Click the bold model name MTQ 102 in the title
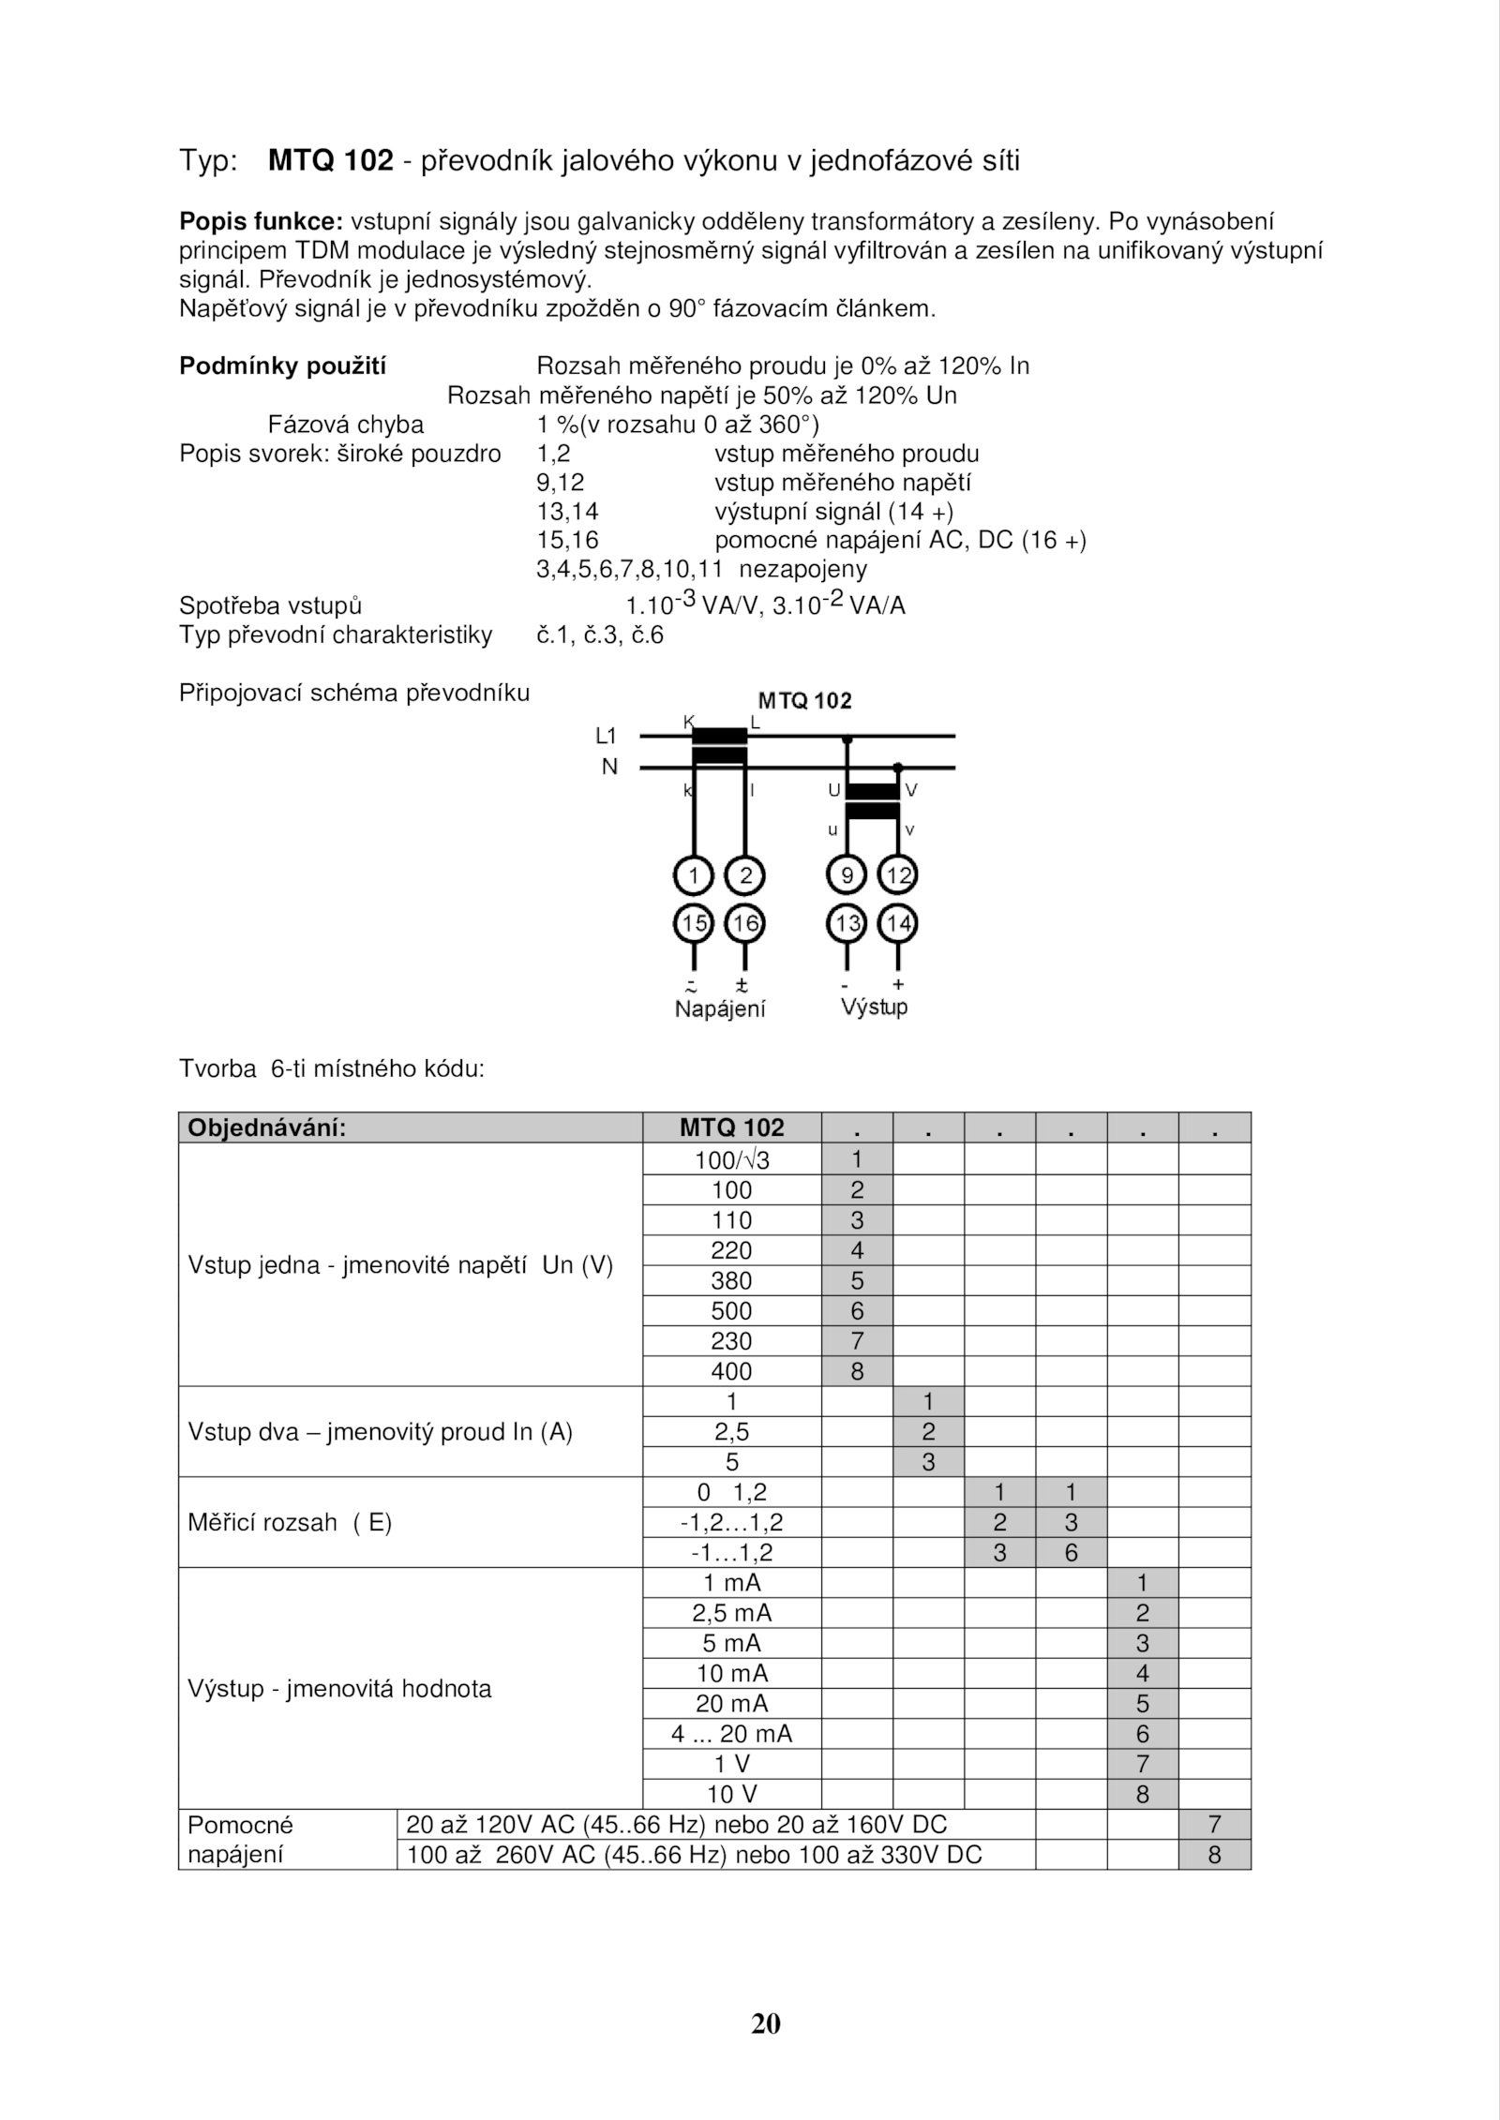point(330,161)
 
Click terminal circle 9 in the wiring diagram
point(847,876)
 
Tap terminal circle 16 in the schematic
point(745,924)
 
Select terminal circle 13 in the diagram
point(847,924)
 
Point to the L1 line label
point(607,737)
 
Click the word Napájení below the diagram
point(720,1009)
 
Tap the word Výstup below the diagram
point(874,1008)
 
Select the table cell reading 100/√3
point(731,1160)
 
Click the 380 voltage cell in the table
point(731,1280)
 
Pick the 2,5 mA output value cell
point(731,1613)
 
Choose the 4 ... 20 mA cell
point(731,1734)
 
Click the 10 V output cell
point(731,1794)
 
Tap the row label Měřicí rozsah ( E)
point(290,1522)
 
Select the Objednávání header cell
point(267,1127)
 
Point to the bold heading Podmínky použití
point(282,366)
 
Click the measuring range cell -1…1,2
point(731,1552)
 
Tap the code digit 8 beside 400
point(857,1371)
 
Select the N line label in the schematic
point(610,767)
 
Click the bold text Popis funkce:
point(262,222)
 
